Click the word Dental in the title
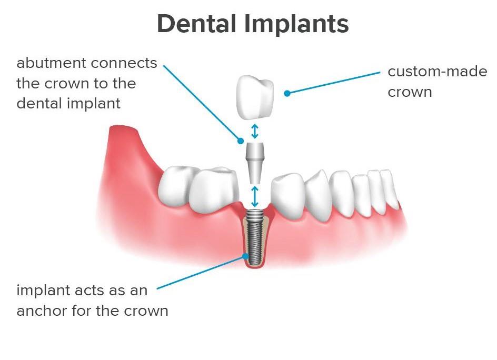click(197, 24)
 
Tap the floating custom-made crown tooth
click(255, 97)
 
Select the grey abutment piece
click(255, 163)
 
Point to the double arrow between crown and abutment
click(255, 131)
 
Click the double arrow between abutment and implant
click(255, 196)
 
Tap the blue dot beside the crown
click(287, 93)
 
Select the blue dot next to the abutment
click(241, 141)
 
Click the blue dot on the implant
click(245, 256)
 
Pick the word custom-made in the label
click(438, 71)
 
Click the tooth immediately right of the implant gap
click(288, 196)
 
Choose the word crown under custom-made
click(410, 92)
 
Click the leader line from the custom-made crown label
click(333, 83)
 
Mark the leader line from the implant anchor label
click(201, 272)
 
